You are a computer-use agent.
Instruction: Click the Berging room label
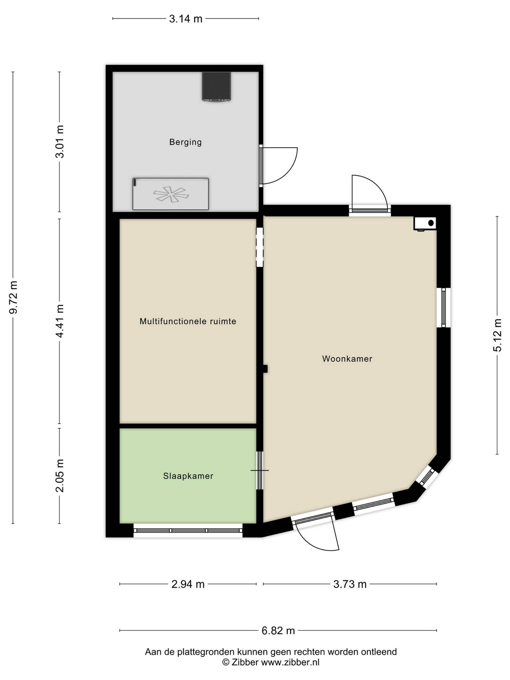pyautogui.click(x=185, y=142)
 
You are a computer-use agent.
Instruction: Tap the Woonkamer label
pyautogui.click(x=347, y=359)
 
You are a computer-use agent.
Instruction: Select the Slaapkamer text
pyautogui.click(x=188, y=476)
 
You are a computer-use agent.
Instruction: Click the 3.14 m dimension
pyautogui.click(x=186, y=19)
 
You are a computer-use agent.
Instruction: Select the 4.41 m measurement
pyautogui.click(x=60, y=321)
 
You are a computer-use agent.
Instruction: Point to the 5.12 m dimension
pyautogui.click(x=497, y=335)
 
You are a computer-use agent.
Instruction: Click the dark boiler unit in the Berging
pyautogui.click(x=216, y=86)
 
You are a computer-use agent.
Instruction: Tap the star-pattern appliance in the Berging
pyautogui.click(x=171, y=194)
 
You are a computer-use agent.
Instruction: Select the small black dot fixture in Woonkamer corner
pyautogui.click(x=431, y=223)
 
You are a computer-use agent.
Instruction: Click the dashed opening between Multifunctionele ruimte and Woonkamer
pyautogui.click(x=260, y=247)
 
